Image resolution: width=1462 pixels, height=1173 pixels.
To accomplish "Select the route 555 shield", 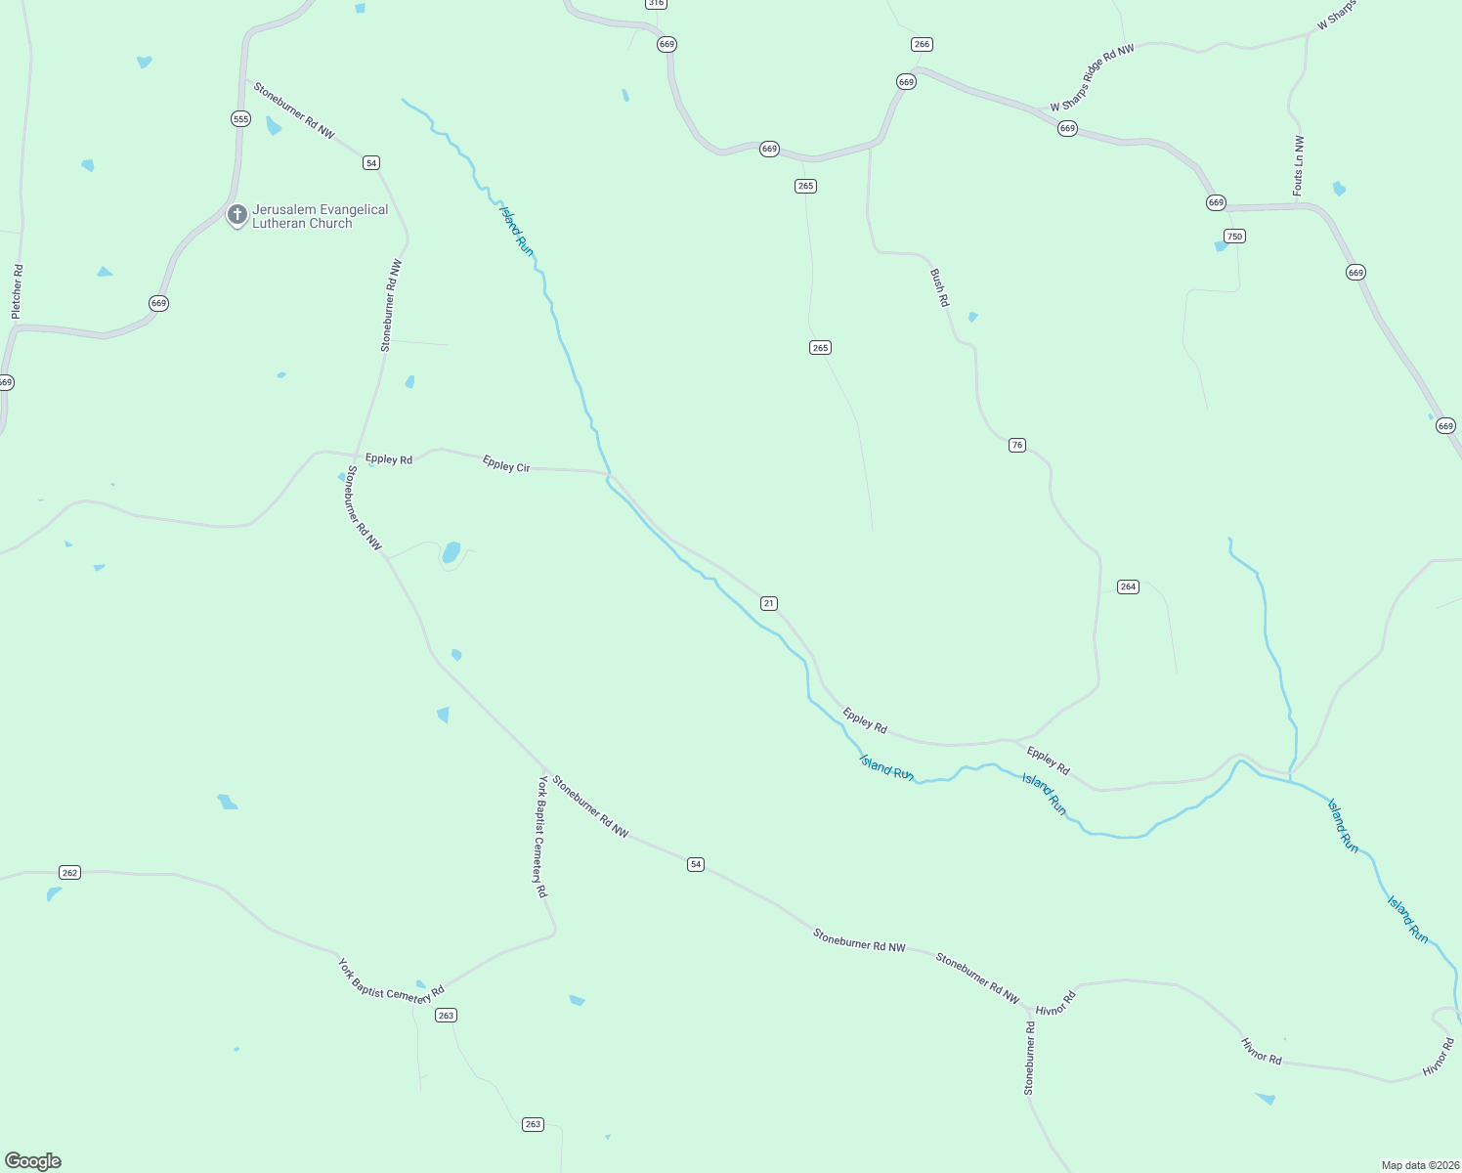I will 240,119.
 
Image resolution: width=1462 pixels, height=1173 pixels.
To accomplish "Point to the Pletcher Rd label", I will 17,291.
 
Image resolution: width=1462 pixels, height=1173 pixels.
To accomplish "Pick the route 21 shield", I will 769,603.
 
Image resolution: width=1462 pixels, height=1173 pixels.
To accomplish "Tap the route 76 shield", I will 1017,445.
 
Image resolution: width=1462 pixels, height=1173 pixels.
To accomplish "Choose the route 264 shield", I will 1128,586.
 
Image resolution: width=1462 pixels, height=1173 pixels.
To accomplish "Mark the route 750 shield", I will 1234,236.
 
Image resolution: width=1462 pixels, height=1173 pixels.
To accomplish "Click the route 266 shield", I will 921,44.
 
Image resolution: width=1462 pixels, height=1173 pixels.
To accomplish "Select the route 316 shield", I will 656,4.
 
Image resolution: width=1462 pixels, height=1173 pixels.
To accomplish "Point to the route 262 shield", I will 69,872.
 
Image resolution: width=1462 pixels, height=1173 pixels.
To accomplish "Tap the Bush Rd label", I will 939,288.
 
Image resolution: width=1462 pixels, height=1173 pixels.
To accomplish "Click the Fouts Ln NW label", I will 1299,166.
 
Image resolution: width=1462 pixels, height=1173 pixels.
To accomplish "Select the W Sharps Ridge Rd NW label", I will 1093,78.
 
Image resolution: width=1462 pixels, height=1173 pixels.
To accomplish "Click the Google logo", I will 33,1161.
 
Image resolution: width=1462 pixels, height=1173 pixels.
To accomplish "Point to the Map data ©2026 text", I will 1419,1165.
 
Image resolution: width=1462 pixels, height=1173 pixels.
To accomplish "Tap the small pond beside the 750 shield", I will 1221,246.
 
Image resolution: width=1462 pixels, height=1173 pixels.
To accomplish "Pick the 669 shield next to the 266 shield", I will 906,82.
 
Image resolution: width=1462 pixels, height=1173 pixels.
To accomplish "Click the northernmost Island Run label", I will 517,231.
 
